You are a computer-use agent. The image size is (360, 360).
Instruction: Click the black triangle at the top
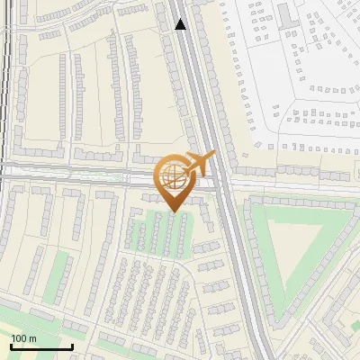[180, 24]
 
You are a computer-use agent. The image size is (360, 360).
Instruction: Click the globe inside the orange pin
[171, 177]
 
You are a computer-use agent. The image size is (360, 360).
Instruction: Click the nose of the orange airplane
[213, 155]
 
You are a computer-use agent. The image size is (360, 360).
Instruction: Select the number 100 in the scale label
[19, 338]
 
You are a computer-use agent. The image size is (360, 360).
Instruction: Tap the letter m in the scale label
[32, 338]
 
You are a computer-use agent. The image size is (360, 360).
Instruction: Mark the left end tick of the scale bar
[11, 346]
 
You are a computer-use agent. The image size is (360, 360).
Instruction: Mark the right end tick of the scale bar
[72, 346]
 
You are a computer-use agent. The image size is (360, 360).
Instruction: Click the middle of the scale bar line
[41, 347]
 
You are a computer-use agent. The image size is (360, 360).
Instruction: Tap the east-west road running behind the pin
[90, 177]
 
